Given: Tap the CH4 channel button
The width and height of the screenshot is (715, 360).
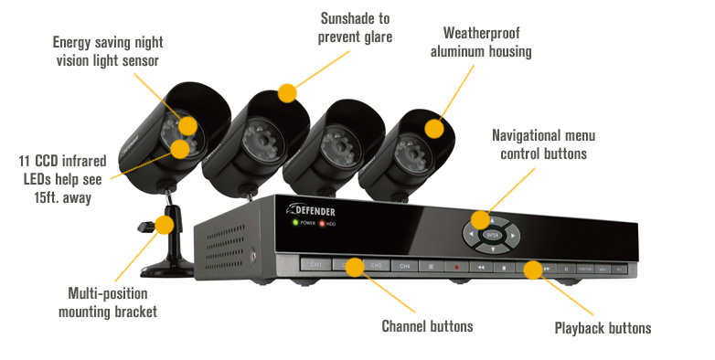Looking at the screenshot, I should (404, 266).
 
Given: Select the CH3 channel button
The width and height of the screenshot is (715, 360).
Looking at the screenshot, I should (375, 266).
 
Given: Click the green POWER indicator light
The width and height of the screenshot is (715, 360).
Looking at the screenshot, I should (295, 222).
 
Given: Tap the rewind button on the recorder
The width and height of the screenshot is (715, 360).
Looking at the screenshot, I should (480, 268).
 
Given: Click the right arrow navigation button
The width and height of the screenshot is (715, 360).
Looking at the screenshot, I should (515, 236).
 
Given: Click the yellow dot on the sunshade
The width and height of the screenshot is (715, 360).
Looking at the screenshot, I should (287, 91).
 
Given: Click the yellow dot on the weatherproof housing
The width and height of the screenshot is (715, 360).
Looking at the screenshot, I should (434, 126).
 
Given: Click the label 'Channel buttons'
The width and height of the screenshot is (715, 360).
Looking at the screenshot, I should (427, 325).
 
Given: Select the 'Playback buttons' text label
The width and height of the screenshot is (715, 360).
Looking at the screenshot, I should (603, 328).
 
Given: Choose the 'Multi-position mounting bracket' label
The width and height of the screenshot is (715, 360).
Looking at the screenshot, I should (112, 302).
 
